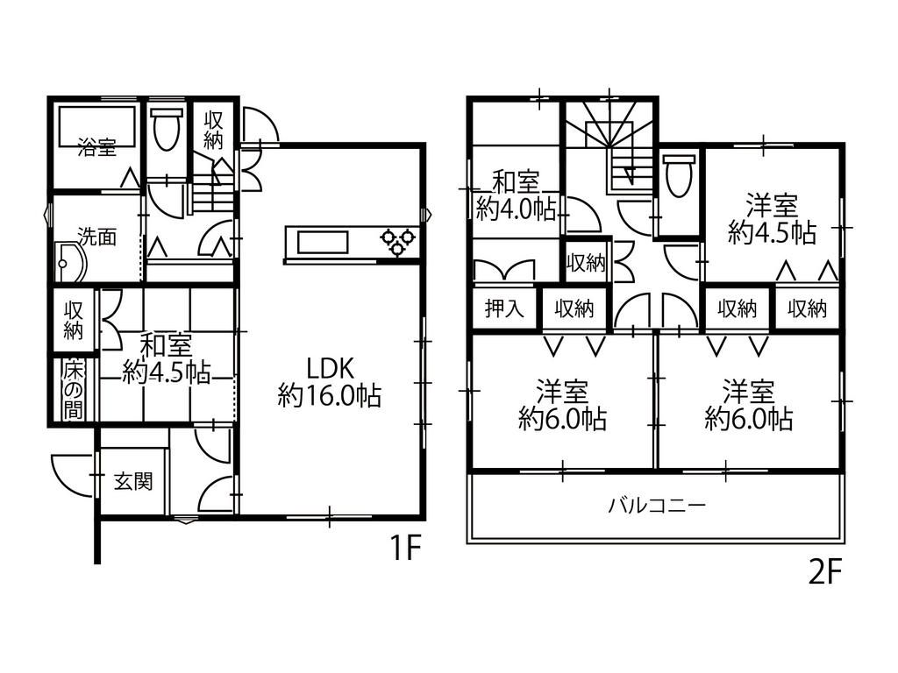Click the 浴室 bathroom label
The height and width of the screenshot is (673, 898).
[x=97, y=148]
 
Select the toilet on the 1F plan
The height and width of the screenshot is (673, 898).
[x=167, y=130]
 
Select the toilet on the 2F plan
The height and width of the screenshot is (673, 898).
[x=680, y=175]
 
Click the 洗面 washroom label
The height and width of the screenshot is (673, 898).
[x=97, y=237]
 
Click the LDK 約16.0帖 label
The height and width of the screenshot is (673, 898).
[x=330, y=382]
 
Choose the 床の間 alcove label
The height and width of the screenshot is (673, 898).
[x=74, y=391]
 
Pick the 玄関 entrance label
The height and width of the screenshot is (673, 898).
[x=133, y=481]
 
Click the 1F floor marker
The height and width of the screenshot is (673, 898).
[x=405, y=548]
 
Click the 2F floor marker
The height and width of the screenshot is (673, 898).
[x=825, y=572]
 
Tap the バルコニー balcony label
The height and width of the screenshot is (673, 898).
[x=657, y=506]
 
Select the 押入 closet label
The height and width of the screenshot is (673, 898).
[x=504, y=309]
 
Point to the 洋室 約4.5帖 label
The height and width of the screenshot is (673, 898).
[x=772, y=219]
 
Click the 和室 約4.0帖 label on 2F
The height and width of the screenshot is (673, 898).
[x=516, y=196]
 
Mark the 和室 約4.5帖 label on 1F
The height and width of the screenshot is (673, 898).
[x=167, y=359]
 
